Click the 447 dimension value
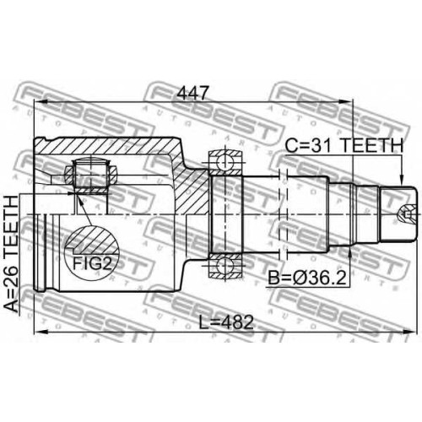194,93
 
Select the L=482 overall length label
226,322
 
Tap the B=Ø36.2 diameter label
306,278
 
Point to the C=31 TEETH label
344,145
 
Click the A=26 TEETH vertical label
12,254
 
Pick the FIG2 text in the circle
92,263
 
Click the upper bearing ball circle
225,162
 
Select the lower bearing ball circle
225,265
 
